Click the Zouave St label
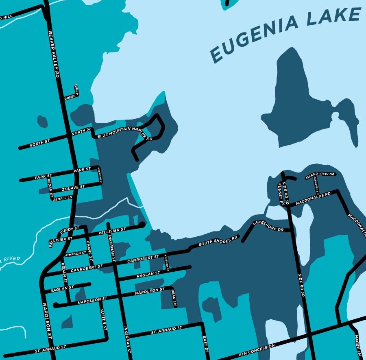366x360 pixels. [73, 188]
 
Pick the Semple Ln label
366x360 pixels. [63, 198]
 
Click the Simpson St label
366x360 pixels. [76, 253]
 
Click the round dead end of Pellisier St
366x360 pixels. [142, 225]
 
